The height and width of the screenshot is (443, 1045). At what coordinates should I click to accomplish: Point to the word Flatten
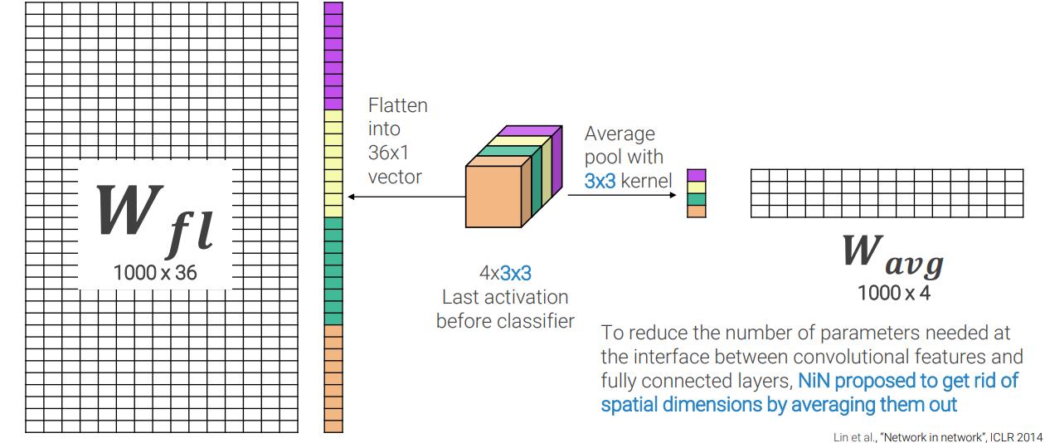[398, 106]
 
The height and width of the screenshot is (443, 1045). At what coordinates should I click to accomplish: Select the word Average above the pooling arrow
[620, 134]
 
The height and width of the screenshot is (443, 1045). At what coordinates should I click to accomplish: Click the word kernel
[646, 180]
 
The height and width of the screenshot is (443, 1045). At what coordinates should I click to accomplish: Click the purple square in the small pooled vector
[697, 175]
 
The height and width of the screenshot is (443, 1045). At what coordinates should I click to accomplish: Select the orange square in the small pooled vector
[697, 211]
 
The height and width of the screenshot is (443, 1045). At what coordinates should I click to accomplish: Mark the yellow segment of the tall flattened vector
[333, 163]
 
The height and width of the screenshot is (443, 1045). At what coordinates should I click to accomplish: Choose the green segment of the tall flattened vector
[333, 270]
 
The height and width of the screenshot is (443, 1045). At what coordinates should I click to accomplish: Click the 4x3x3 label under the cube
[504, 272]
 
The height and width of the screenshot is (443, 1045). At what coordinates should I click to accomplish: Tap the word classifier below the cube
[534, 320]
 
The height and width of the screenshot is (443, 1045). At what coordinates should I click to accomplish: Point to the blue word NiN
[814, 381]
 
